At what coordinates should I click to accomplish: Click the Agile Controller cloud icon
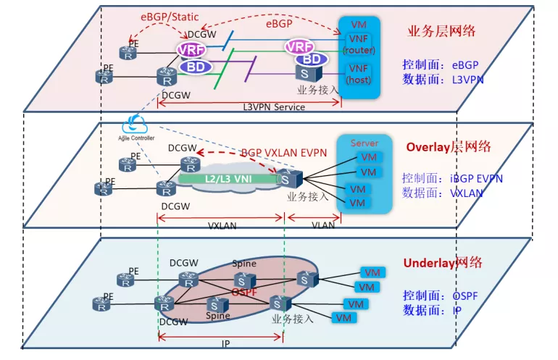coord(136,122)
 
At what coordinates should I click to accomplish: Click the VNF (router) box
coord(358,43)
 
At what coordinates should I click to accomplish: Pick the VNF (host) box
coord(358,73)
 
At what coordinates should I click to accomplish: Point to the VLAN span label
coord(322,225)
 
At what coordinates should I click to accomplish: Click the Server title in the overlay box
coord(365,143)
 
